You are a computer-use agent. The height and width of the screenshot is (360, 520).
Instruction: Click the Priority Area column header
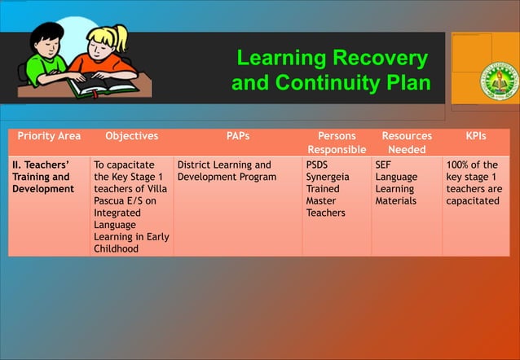[x=49, y=136]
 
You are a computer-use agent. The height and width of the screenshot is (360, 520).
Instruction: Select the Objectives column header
[x=132, y=136]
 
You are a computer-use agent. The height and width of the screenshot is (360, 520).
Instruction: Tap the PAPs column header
[x=238, y=136]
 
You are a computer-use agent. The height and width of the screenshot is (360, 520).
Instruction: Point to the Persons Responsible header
[x=337, y=143]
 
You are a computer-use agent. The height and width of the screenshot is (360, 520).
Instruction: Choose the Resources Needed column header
[x=407, y=143]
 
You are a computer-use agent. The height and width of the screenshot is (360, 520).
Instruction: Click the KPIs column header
[x=476, y=136]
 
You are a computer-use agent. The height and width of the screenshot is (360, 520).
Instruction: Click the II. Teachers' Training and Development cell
[x=42, y=177]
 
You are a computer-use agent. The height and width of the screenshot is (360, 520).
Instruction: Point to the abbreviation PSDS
[x=318, y=165]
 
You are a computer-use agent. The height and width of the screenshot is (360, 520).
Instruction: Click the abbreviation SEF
[x=384, y=165]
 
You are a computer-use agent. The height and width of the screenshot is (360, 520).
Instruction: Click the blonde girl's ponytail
[x=121, y=36]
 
